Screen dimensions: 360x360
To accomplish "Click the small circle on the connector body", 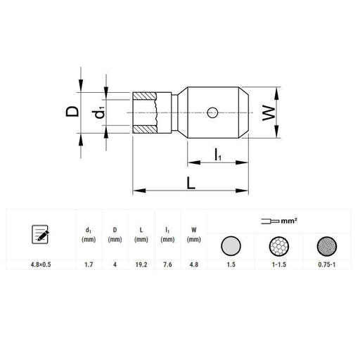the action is coord(212,112).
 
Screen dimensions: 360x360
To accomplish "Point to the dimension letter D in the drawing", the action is coord(72,111).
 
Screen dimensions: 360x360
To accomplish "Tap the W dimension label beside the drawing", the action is coord(269,113).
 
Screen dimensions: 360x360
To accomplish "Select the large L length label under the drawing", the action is coord(191,183).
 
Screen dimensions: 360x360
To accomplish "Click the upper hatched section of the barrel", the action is coord(144,96).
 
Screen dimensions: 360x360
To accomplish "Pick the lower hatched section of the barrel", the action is coord(144,129).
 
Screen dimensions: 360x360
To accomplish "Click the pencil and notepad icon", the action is coord(40,234).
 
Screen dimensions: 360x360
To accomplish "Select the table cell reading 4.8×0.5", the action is coord(41,264).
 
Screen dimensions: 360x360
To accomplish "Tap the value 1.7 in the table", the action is coord(89,264).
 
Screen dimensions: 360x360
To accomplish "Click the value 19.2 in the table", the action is coord(141,264).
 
